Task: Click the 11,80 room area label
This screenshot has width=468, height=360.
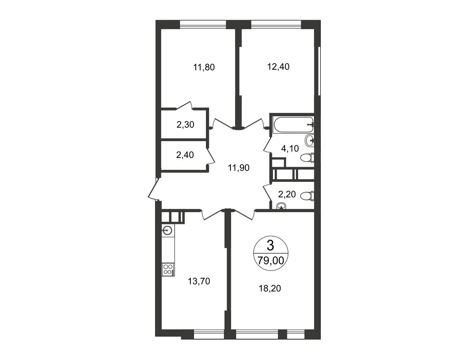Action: (204, 67)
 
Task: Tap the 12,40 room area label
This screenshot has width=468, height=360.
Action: (278, 67)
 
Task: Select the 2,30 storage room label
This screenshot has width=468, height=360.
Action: (185, 125)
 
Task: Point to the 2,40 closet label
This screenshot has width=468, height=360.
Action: (185, 155)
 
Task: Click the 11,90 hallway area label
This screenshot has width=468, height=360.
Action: (239, 167)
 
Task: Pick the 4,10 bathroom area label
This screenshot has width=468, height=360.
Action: (290, 148)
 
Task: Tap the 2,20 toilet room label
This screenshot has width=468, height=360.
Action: (287, 194)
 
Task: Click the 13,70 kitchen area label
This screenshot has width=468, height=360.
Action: (199, 281)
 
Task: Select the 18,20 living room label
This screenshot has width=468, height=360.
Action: (270, 288)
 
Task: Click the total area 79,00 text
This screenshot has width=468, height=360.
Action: (271, 261)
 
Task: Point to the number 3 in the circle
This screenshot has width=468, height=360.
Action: (270, 246)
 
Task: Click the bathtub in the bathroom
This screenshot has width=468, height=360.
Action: (293, 125)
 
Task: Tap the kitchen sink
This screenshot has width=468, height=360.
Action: (167, 231)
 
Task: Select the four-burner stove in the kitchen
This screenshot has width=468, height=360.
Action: (168, 270)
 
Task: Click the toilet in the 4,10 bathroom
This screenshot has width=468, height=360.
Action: (307, 158)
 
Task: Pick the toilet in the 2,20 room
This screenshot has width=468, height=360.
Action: (307, 196)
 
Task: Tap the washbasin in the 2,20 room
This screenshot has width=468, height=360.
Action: (281, 206)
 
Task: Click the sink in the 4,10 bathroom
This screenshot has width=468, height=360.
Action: (310, 141)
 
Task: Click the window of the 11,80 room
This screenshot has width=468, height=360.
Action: (203, 24)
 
